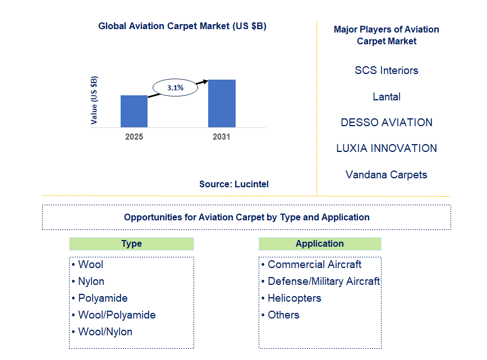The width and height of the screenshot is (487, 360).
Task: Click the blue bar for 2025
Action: [x=134, y=111]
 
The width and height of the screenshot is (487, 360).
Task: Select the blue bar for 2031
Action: [x=222, y=103]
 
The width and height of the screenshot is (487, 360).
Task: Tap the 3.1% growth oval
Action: [x=175, y=88]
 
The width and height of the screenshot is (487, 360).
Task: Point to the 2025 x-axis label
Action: [x=134, y=136]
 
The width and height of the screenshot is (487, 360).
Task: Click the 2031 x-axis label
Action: [x=221, y=136]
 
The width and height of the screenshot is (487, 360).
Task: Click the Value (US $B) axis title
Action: [x=94, y=100]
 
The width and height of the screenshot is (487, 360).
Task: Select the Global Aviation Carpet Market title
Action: [x=182, y=26]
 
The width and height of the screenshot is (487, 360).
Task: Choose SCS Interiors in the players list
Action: [x=387, y=71]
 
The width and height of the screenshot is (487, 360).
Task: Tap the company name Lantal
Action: [x=387, y=97]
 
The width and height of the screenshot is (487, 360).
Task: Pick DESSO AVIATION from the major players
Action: [x=387, y=123]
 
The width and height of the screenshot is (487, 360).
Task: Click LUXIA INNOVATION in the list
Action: [x=387, y=149]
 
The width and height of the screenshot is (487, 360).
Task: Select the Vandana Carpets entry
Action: [x=387, y=175]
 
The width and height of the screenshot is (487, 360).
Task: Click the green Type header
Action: [x=131, y=244]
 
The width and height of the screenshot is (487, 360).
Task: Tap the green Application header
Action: [x=320, y=244]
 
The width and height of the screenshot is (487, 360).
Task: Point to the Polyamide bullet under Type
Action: [x=103, y=298]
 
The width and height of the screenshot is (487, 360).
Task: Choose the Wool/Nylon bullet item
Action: [x=105, y=332]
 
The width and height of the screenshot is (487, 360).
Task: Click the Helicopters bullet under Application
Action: [x=294, y=298]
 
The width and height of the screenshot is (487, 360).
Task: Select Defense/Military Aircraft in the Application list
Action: [x=323, y=281]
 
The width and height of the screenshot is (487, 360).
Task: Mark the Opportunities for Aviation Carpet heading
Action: [x=246, y=217]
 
